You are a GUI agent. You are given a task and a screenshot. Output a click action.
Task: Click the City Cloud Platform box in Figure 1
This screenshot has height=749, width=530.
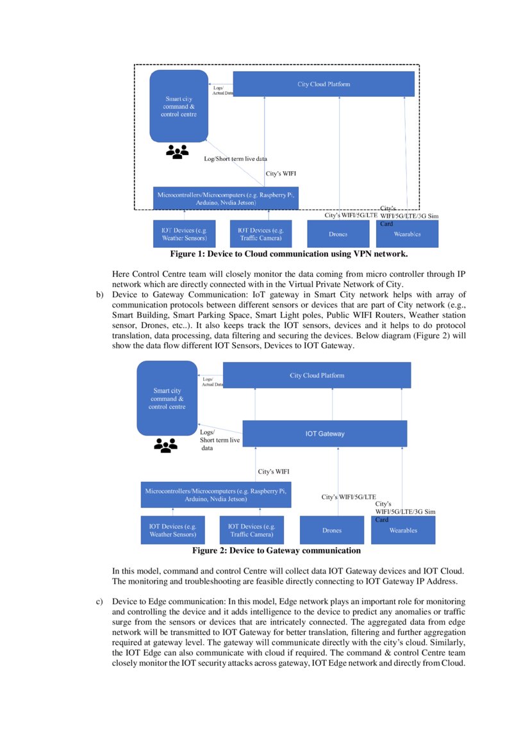(x=324, y=84)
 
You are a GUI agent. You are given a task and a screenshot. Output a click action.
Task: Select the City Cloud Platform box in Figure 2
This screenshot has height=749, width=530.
(x=317, y=375)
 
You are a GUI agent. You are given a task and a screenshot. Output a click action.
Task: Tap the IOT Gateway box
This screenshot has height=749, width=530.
(x=324, y=434)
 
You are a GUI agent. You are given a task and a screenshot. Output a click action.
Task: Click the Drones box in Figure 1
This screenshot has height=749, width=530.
(x=338, y=234)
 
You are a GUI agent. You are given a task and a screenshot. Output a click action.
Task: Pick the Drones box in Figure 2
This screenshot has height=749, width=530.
(x=332, y=530)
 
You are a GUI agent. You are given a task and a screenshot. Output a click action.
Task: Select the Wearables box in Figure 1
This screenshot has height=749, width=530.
(x=407, y=235)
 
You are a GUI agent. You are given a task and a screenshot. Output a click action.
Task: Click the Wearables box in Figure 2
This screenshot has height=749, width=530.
(x=403, y=531)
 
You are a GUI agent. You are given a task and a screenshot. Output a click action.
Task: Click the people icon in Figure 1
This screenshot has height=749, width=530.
(x=178, y=152)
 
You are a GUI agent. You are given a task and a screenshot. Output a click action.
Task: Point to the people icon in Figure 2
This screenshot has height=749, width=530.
(x=165, y=445)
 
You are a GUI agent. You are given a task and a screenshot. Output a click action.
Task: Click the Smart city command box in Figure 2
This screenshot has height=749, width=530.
(x=167, y=398)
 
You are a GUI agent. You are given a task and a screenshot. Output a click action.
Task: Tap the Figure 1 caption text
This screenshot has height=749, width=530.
(x=288, y=254)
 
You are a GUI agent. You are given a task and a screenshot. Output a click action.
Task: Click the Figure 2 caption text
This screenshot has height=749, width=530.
(x=276, y=550)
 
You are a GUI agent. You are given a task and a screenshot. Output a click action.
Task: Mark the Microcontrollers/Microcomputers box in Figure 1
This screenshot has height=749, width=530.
(x=226, y=198)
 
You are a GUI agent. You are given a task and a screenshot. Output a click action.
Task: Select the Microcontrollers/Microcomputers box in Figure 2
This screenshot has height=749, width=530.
(x=215, y=495)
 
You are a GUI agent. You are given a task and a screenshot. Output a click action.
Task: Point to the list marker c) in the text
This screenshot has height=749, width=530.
(x=99, y=602)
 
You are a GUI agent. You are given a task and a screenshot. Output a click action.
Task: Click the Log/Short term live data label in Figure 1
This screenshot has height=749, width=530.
(x=235, y=158)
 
